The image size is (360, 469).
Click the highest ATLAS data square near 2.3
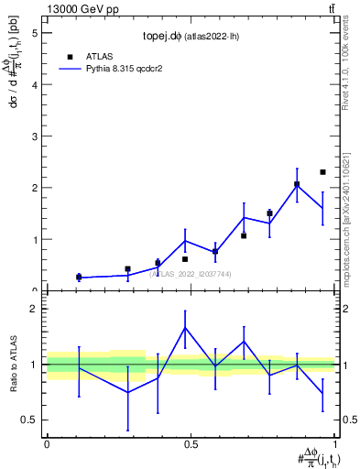tap(322, 172)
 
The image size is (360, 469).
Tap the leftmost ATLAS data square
tap(79, 277)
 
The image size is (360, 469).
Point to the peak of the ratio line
tap(185, 327)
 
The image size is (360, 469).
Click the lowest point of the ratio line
tap(127, 392)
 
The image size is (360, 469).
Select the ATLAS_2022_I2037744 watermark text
tap(190, 273)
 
